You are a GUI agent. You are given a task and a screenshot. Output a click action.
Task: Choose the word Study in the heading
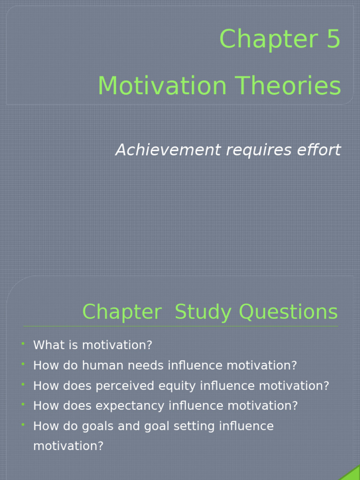point(202,312)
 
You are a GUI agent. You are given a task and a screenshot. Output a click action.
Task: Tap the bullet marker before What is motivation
point(22,345)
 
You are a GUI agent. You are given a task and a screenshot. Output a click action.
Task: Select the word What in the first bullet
point(47,345)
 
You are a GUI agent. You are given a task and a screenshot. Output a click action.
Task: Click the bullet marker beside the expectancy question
point(22,405)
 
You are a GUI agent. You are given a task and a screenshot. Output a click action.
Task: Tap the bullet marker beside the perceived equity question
point(22,385)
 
